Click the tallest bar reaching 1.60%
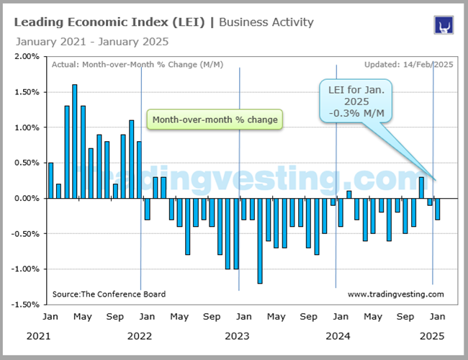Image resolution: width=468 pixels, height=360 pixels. click(x=75, y=141)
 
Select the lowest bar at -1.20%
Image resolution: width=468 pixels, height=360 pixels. click(x=259, y=240)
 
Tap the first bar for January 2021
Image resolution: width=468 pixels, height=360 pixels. click(x=50, y=180)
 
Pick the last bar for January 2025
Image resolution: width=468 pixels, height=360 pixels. click(x=437, y=209)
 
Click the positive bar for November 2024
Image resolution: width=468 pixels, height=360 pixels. click(x=421, y=187)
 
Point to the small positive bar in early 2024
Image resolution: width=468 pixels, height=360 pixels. click(x=348, y=194)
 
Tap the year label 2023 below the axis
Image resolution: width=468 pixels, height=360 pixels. click(x=238, y=336)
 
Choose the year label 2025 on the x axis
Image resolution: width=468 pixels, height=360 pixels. click(x=433, y=336)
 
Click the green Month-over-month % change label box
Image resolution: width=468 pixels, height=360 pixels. click(x=215, y=120)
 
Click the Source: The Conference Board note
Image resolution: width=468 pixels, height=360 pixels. click(x=109, y=294)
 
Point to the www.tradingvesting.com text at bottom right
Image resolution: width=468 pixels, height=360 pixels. click(x=395, y=294)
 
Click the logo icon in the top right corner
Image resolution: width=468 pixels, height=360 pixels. click(x=442, y=24)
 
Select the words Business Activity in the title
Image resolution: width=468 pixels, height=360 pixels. click(x=266, y=22)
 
